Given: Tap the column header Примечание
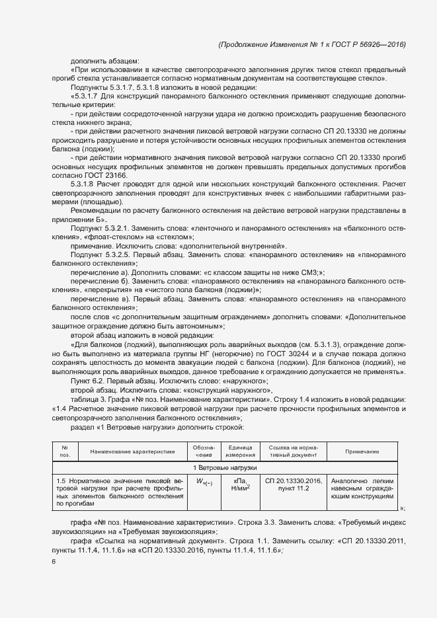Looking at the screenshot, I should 362,451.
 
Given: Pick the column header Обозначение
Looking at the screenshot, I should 204,451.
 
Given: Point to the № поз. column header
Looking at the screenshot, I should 65,451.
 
